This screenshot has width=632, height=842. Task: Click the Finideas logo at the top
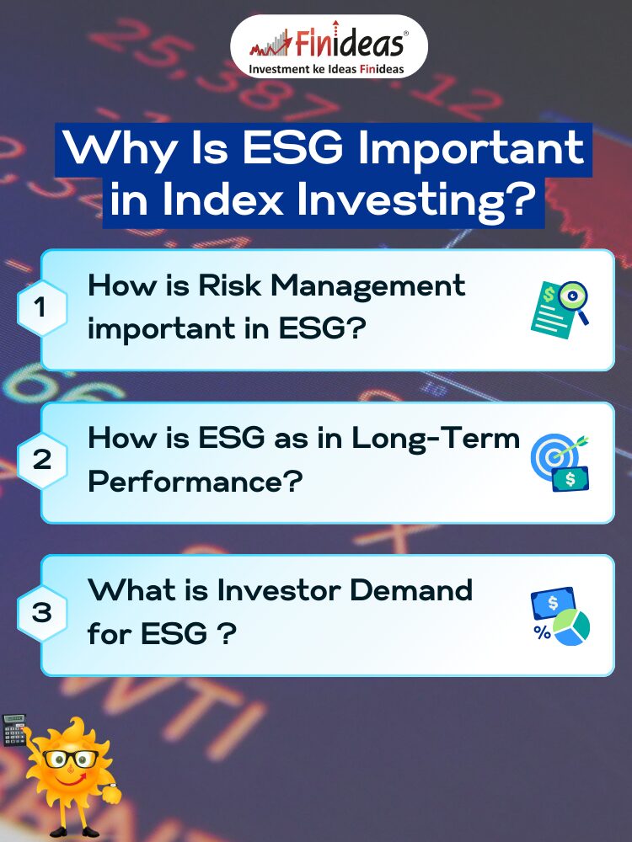329,46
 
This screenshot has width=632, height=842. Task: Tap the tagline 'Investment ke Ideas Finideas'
326,69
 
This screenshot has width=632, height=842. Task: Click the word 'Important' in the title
470,149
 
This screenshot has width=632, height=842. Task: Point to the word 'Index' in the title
222,200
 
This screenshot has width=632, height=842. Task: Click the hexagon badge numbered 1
41,308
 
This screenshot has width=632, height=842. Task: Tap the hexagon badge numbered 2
41,461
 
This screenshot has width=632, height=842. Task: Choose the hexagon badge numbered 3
41,613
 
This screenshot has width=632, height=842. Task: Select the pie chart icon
572,627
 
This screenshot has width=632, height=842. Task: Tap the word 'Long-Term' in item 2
436,438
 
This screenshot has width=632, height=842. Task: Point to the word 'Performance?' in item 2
195,482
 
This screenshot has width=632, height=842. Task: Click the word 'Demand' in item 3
411,590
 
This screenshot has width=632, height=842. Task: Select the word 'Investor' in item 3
278,590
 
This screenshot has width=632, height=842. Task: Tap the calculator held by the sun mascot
14,730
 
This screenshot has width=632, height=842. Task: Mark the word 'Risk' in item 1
229,285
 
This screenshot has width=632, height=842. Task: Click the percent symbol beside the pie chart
542,632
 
